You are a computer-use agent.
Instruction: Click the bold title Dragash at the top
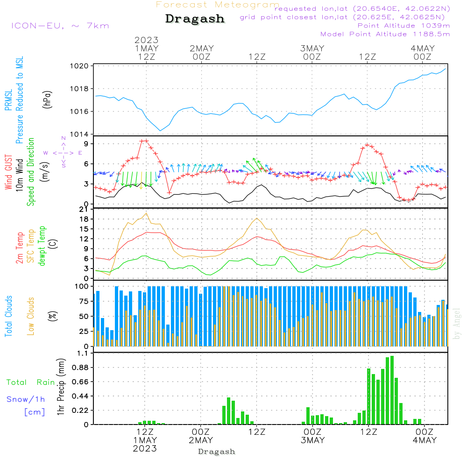tap(195, 19)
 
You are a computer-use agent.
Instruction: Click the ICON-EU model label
tap(60, 26)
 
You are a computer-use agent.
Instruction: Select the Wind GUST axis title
tap(8, 173)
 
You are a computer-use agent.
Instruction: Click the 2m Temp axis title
tap(20, 248)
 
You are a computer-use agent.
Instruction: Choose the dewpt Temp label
tap(42, 246)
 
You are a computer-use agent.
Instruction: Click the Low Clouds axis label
tap(31, 315)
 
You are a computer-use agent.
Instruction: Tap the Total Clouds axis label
tap(8, 316)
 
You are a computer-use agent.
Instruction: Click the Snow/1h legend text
tap(26, 399)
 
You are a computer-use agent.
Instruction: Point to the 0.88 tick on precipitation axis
tap(79, 368)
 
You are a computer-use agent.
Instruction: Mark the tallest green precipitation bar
tap(392, 390)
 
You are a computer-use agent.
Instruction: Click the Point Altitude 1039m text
tap(403, 26)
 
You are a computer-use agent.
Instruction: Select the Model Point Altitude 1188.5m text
tap(385, 34)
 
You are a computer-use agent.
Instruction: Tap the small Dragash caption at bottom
tap(217, 452)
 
